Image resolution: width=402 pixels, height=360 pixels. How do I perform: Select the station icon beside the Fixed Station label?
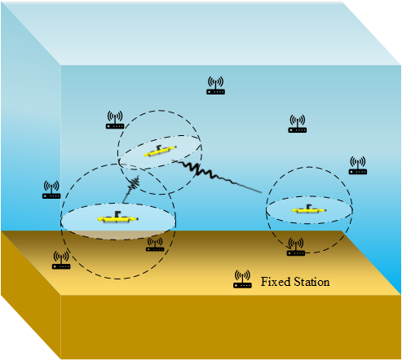242,279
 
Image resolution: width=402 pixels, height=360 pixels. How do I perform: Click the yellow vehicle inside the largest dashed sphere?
118,217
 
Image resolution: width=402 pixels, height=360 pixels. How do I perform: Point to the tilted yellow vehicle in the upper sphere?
160,151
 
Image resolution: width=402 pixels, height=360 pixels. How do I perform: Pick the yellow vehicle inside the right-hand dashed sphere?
309,209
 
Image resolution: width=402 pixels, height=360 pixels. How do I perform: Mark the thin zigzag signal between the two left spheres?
131,189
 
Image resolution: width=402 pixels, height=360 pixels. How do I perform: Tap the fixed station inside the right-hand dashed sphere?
296,247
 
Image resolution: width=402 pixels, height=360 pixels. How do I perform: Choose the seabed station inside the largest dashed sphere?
155,244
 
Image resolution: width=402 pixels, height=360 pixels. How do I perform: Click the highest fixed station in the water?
215,86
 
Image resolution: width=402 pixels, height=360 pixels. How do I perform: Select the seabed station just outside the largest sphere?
61,260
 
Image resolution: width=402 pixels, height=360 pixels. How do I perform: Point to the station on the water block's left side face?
51,190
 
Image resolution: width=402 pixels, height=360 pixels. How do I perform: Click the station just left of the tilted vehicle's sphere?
115,120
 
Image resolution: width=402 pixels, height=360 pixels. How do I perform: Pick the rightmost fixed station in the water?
358,165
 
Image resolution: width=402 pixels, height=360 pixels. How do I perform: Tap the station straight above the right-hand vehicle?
298,124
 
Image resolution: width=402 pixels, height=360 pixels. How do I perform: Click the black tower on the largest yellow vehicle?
117,213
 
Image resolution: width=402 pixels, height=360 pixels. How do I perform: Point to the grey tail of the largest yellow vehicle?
137,218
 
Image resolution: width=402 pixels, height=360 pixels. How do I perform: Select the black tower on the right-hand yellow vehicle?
308,207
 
